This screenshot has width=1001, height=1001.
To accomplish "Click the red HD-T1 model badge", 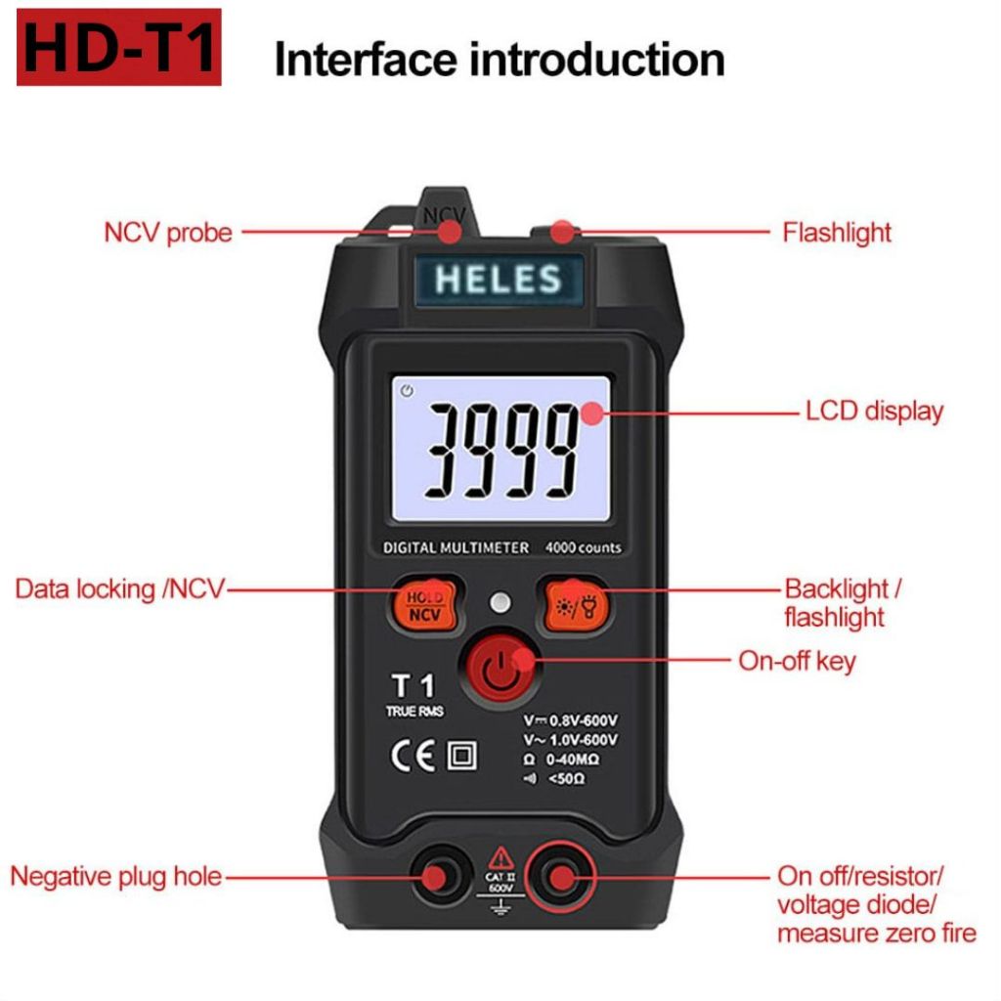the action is [x=118, y=47].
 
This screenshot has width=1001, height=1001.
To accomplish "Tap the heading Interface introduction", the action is [x=500, y=60].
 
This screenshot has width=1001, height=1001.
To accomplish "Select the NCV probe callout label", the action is [x=168, y=233].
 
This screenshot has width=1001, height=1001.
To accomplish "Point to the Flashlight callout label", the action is [x=837, y=233].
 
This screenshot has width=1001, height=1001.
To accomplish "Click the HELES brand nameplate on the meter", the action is [x=499, y=280].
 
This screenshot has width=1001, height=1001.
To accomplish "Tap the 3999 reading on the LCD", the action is [x=501, y=452].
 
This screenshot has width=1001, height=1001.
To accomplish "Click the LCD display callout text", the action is [x=874, y=412].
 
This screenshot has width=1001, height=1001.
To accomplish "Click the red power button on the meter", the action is [x=501, y=669].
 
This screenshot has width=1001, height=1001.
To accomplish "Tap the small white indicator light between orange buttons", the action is [x=500, y=602].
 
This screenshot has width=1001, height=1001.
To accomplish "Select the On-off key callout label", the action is [x=797, y=661].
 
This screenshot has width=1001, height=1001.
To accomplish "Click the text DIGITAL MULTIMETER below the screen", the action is [x=456, y=547].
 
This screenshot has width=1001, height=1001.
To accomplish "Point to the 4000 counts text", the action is [x=583, y=547].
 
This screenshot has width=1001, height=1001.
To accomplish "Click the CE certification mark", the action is [x=413, y=756].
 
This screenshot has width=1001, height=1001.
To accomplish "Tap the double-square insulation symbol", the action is [x=461, y=756].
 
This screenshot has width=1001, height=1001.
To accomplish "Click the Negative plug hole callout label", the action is [x=116, y=876].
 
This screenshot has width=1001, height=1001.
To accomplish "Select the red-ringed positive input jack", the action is [x=561, y=877].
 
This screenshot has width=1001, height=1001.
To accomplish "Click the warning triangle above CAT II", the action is [x=501, y=857].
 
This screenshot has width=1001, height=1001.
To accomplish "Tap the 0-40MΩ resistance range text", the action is [x=572, y=759].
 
